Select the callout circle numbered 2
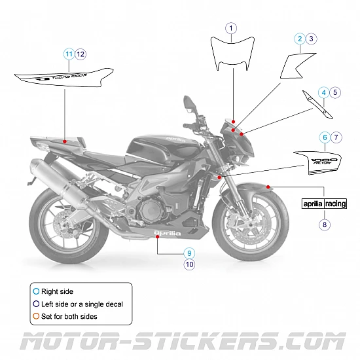tap(300, 39)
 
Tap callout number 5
tap(335, 93)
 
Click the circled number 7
tap(335, 137)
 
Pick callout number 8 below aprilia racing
tap(324, 225)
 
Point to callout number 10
tap(189, 264)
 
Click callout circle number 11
tap(69, 53)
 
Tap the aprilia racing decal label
tap(324, 204)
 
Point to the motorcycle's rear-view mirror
tap(189, 103)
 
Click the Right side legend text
tap(58, 291)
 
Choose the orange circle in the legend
tap(35, 316)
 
